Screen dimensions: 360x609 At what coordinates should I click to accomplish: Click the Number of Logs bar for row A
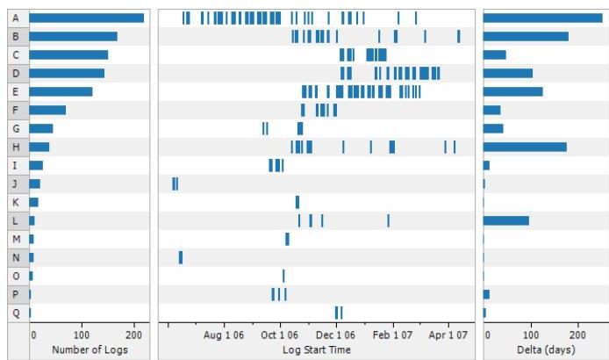86,18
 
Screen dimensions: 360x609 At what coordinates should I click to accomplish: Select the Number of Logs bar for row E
61,91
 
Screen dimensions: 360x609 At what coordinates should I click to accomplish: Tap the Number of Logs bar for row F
47,110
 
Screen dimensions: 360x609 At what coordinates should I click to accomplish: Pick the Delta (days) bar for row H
525,147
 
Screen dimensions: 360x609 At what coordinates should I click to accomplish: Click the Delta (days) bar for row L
505,220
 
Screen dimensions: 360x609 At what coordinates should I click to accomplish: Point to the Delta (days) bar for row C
494,54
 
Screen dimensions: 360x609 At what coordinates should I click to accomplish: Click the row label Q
16,313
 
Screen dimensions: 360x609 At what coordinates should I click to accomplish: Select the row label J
16,184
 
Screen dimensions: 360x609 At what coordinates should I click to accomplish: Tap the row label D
16,73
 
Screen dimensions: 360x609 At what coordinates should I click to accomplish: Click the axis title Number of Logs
90,349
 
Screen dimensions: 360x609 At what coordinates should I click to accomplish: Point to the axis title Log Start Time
316,349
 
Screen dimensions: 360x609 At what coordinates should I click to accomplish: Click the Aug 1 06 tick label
222,335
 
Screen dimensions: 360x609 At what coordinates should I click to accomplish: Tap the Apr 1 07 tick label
448,335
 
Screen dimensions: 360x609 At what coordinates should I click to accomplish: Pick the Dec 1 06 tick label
335,335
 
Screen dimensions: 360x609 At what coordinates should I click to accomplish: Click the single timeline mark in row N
181,257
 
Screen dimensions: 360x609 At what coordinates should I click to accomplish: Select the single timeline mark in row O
283,276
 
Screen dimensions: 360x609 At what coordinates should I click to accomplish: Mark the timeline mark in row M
287,239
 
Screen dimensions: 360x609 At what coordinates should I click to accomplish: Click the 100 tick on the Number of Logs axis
82,335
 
